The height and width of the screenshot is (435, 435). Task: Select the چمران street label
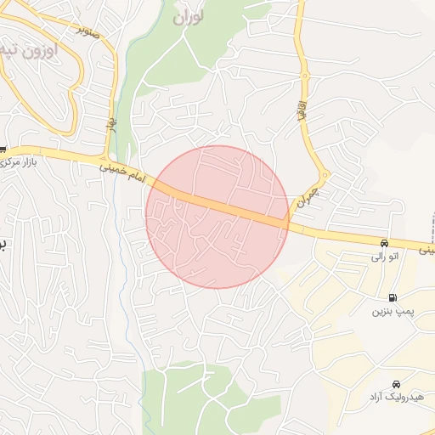coord(307,196)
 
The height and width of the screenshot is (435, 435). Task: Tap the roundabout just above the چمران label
coord(324,176)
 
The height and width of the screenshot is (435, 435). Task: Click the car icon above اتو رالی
coord(386,242)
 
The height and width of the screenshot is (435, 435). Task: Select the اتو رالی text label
coord(381,255)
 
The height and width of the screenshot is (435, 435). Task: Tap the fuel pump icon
coord(392,297)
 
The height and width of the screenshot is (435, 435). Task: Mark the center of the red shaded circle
coord(217,217)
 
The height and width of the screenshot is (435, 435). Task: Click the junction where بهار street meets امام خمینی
coord(108,162)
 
